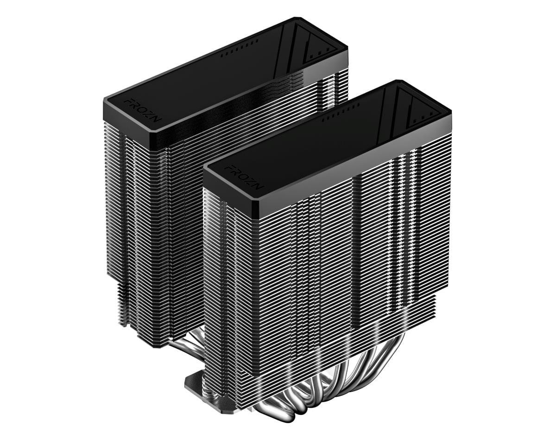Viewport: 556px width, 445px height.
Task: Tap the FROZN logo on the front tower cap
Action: click(x=244, y=177)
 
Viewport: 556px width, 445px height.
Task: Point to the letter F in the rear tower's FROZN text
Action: click(x=128, y=101)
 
